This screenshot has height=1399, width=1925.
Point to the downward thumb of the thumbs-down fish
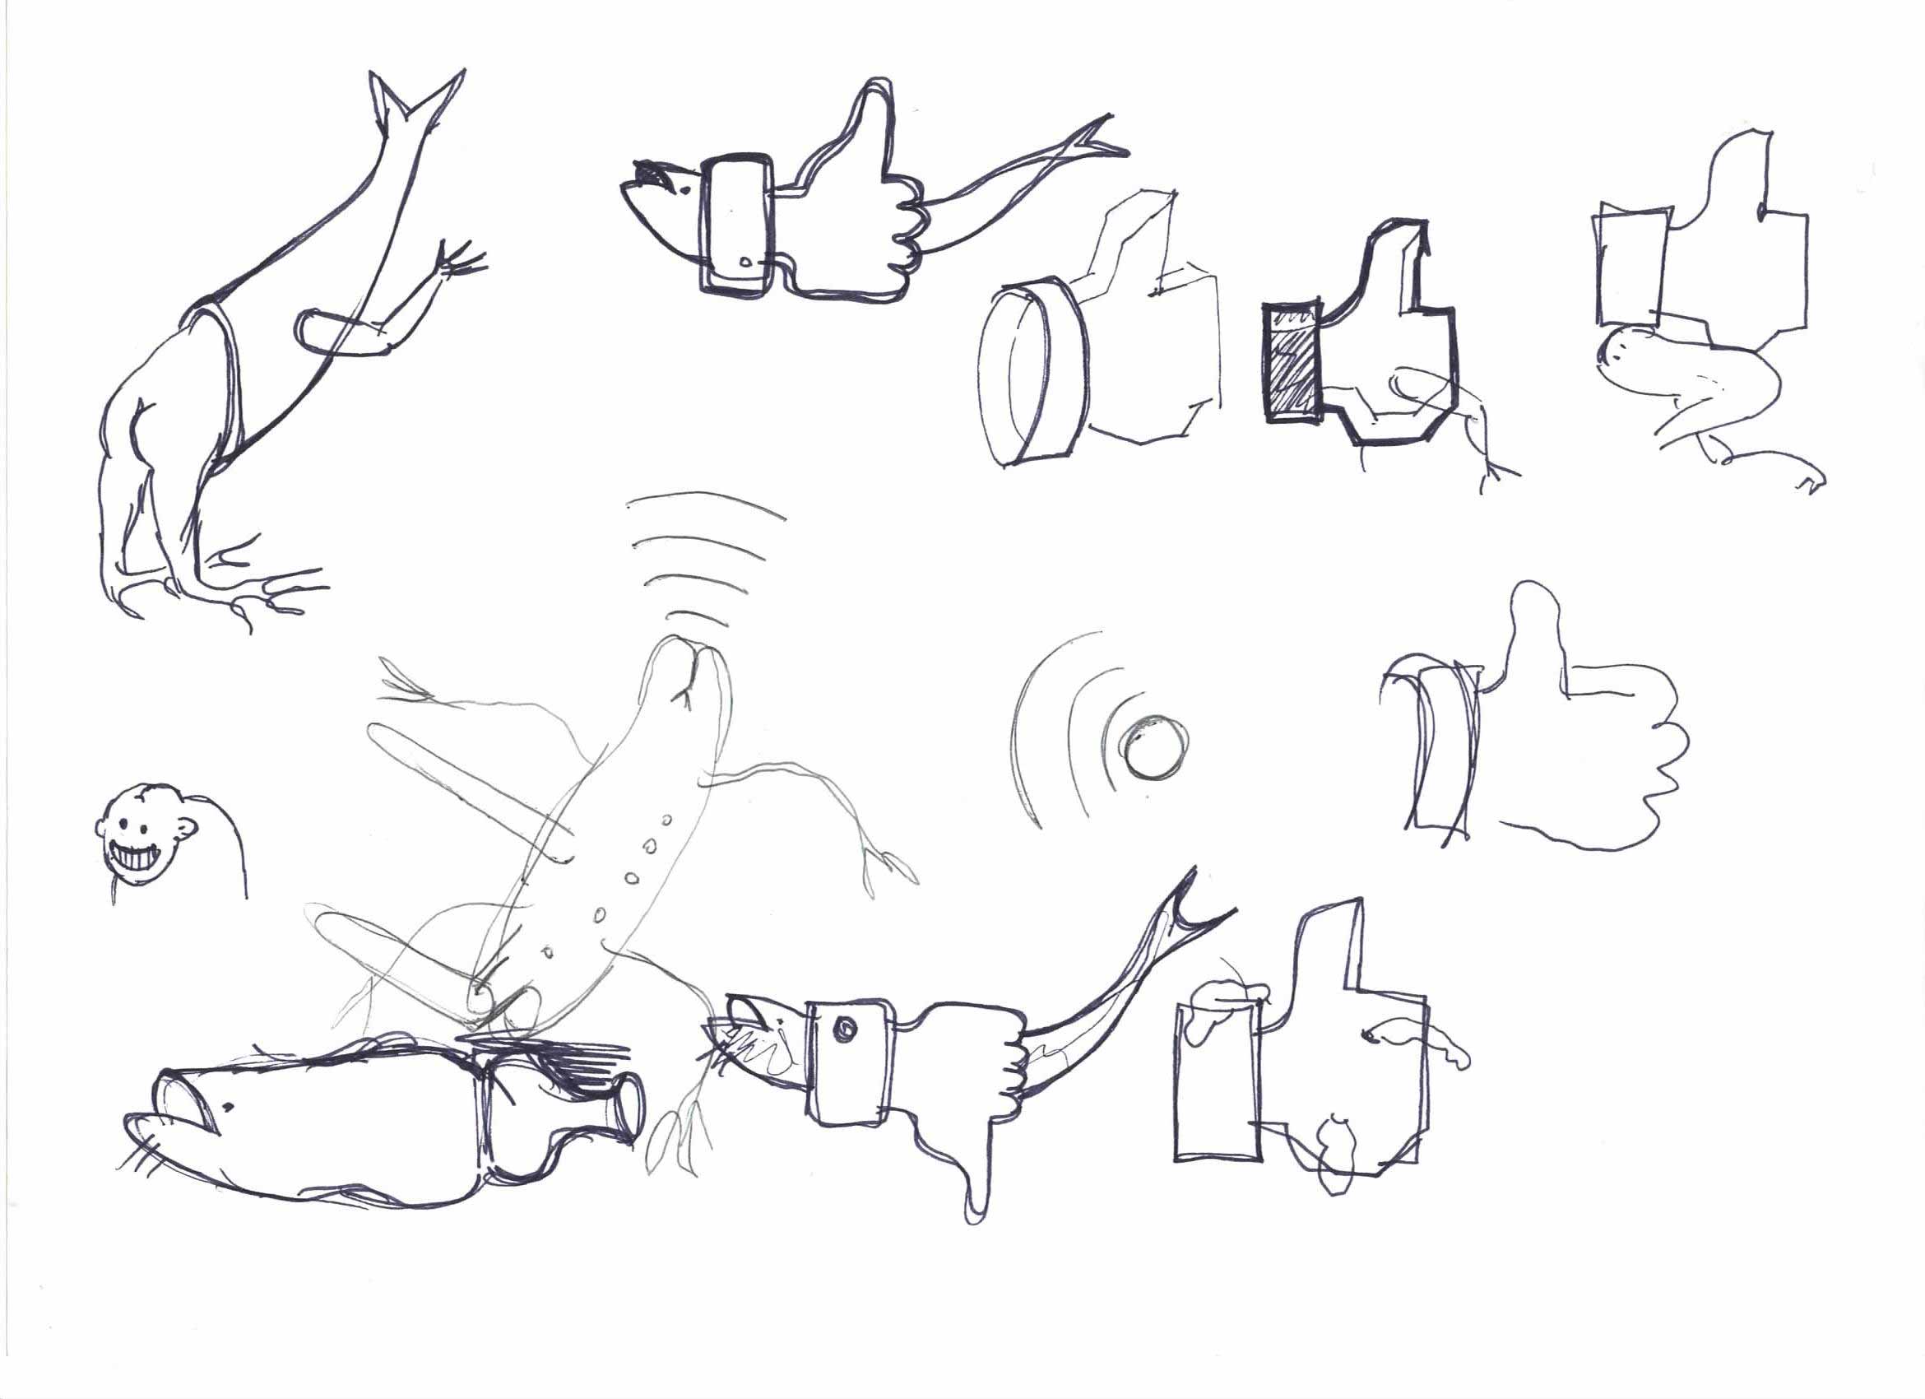pos(976,1188)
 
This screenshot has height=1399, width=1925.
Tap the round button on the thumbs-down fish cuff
pos(846,1029)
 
